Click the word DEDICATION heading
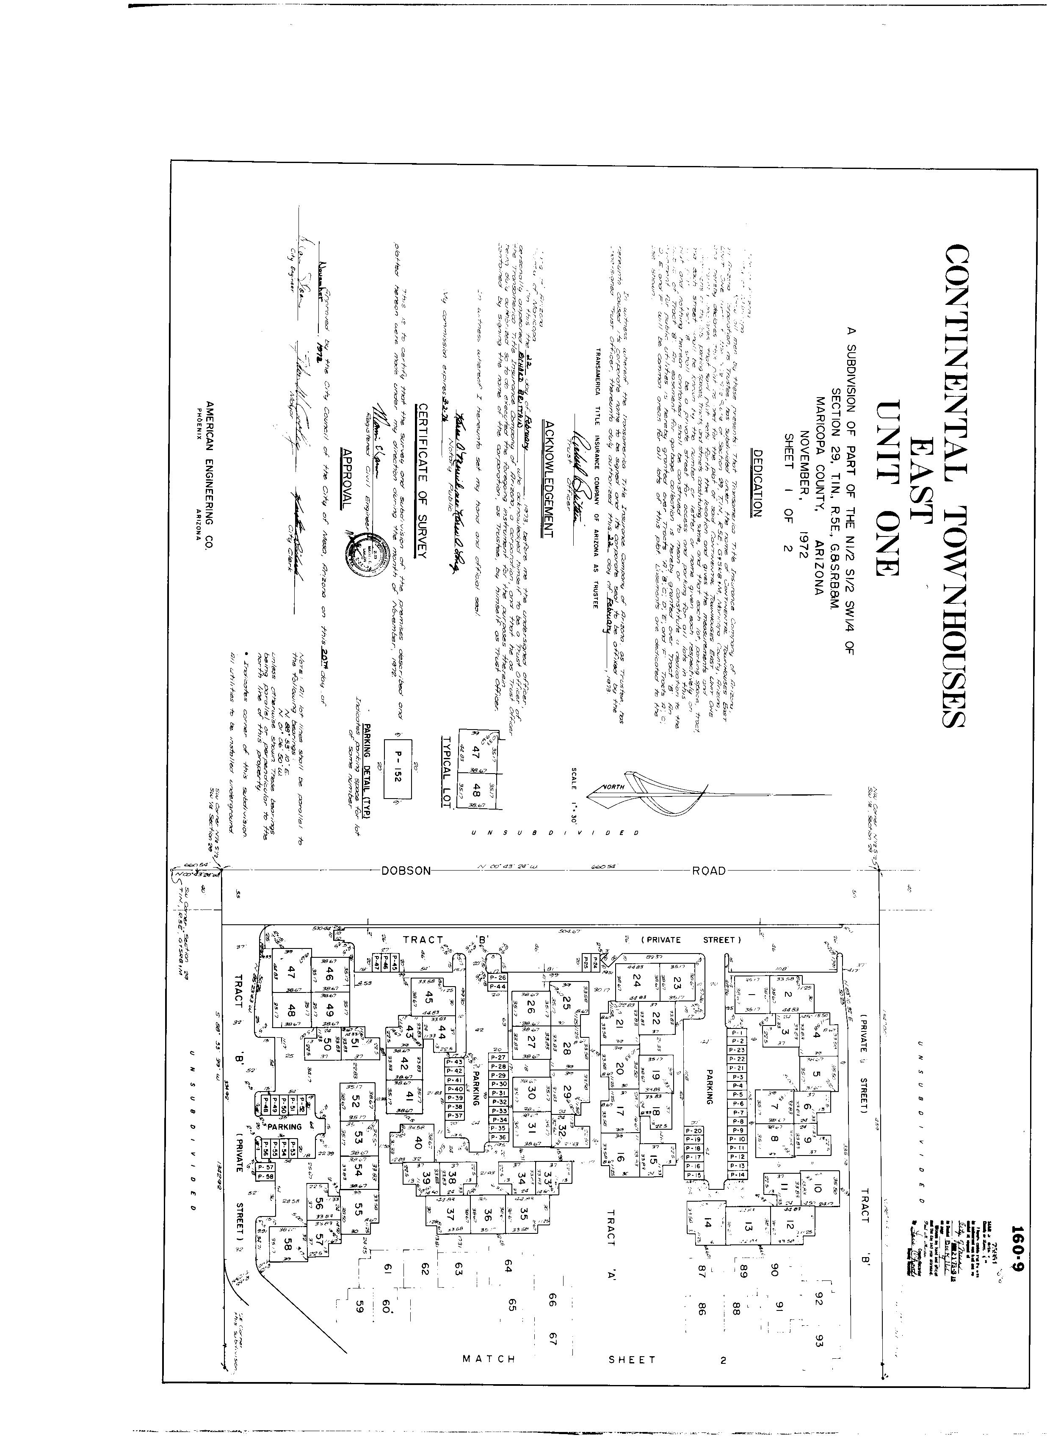pos(758,483)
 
